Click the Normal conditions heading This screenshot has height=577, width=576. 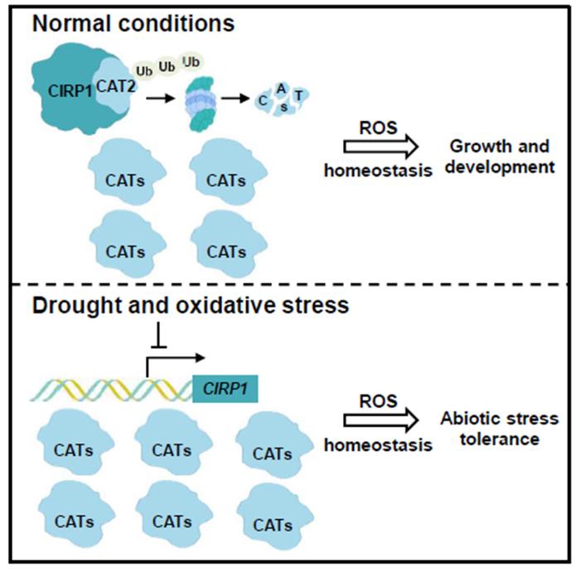(133, 22)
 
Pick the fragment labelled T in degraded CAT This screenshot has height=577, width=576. (298, 97)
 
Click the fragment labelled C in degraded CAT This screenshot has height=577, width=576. (263, 100)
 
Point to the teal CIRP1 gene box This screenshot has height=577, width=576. (225, 388)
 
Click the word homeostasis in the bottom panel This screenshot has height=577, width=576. (378, 444)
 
